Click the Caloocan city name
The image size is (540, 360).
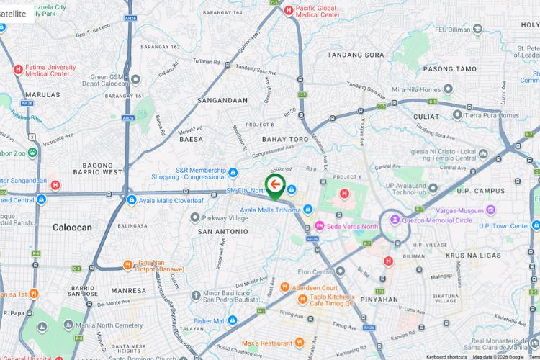(x=72, y=228)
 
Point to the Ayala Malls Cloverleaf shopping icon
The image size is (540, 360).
(x=130, y=199)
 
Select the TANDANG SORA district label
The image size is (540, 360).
(x=355, y=55)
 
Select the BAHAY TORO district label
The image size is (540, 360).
(x=285, y=139)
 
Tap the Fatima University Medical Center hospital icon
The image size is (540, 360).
(x=18, y=69)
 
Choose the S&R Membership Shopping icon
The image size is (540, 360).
(x=233, y=172)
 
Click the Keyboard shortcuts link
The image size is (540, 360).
(x=446, y=356)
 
